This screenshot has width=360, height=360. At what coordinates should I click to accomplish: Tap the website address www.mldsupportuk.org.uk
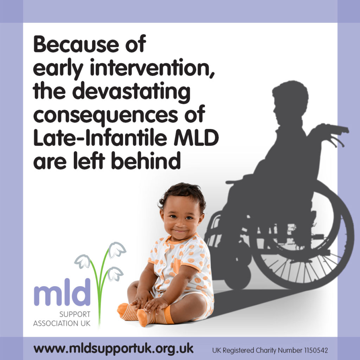pyautogui.click(x=114, y=349)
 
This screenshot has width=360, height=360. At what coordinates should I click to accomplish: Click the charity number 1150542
pyautogui.click(x=313, y=350)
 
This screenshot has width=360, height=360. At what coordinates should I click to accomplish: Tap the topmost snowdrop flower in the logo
pyautogui.click(x=117, y=250)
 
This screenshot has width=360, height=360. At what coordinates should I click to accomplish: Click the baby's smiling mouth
pyautogui.click(x=180, y=231)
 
